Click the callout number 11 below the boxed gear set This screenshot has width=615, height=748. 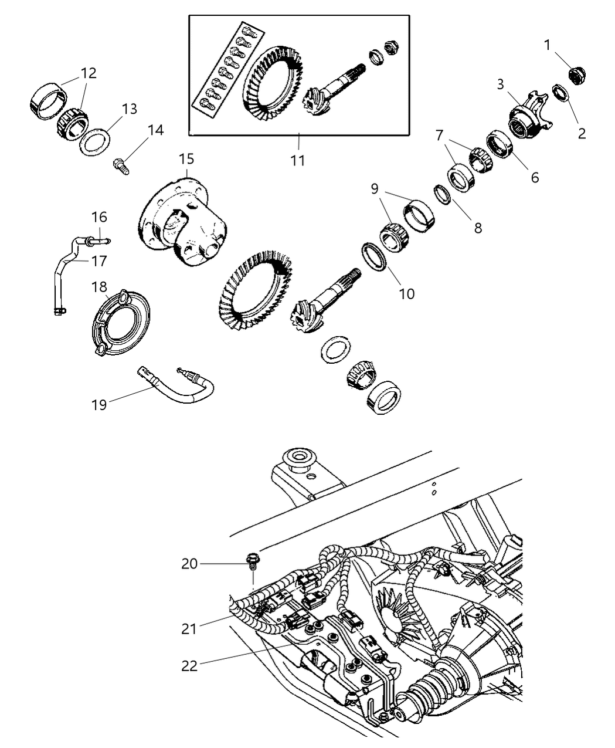[x=298, y=159]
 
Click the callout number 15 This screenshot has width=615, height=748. [x=186, y=159]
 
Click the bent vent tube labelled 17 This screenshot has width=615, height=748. [x=66, y=270]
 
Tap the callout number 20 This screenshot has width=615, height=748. [x=189, y=564]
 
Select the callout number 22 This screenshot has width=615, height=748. [x=189, y=666]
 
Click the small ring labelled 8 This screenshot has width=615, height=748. [x=442, y=194]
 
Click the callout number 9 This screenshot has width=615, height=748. [x=375, y=189]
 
